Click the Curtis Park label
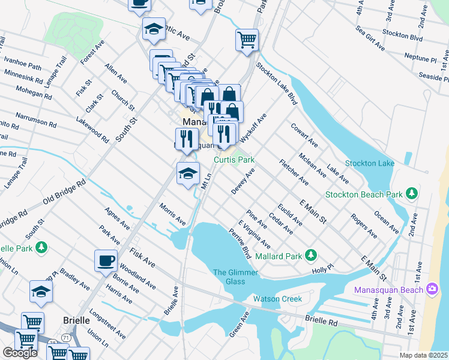pyautogui.click(x=235, y=160)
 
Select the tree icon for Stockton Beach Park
pyautogui.click(x=411, y=193)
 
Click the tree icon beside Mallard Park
pyautogui.click(x=311, y=255)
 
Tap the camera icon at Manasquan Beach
pyautogui.click(x=432, y=290)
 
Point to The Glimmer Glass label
pyautogui.click(x=235, y=277)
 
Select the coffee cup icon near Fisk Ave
pyautogui.click(x=106, y=260)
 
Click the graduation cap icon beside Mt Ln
pyautogui.click(x=188, y=173)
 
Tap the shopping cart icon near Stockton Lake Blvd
pyautogui.click(x=247, y=40)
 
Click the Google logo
pyautogui.click(x=20, y=353)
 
